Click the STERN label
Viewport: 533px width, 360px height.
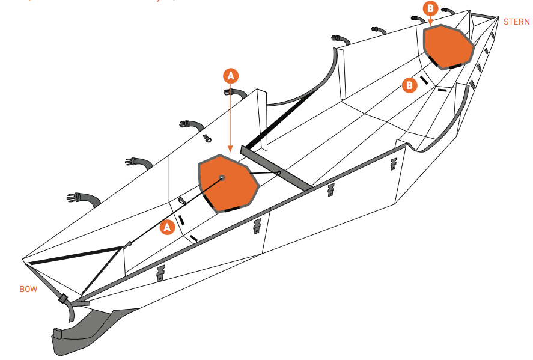517,22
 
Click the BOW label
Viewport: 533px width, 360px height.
28,289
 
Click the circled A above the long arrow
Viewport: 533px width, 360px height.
231,75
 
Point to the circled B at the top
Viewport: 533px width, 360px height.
430,8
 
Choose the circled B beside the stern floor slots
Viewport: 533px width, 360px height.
409,85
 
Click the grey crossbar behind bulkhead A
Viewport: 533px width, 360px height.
276,168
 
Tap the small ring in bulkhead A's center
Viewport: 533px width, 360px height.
222,177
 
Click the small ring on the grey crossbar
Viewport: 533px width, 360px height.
279,173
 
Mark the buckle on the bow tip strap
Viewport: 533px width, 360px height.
62,299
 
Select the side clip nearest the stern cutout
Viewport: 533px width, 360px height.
394,163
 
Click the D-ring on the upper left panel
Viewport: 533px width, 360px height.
208,138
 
